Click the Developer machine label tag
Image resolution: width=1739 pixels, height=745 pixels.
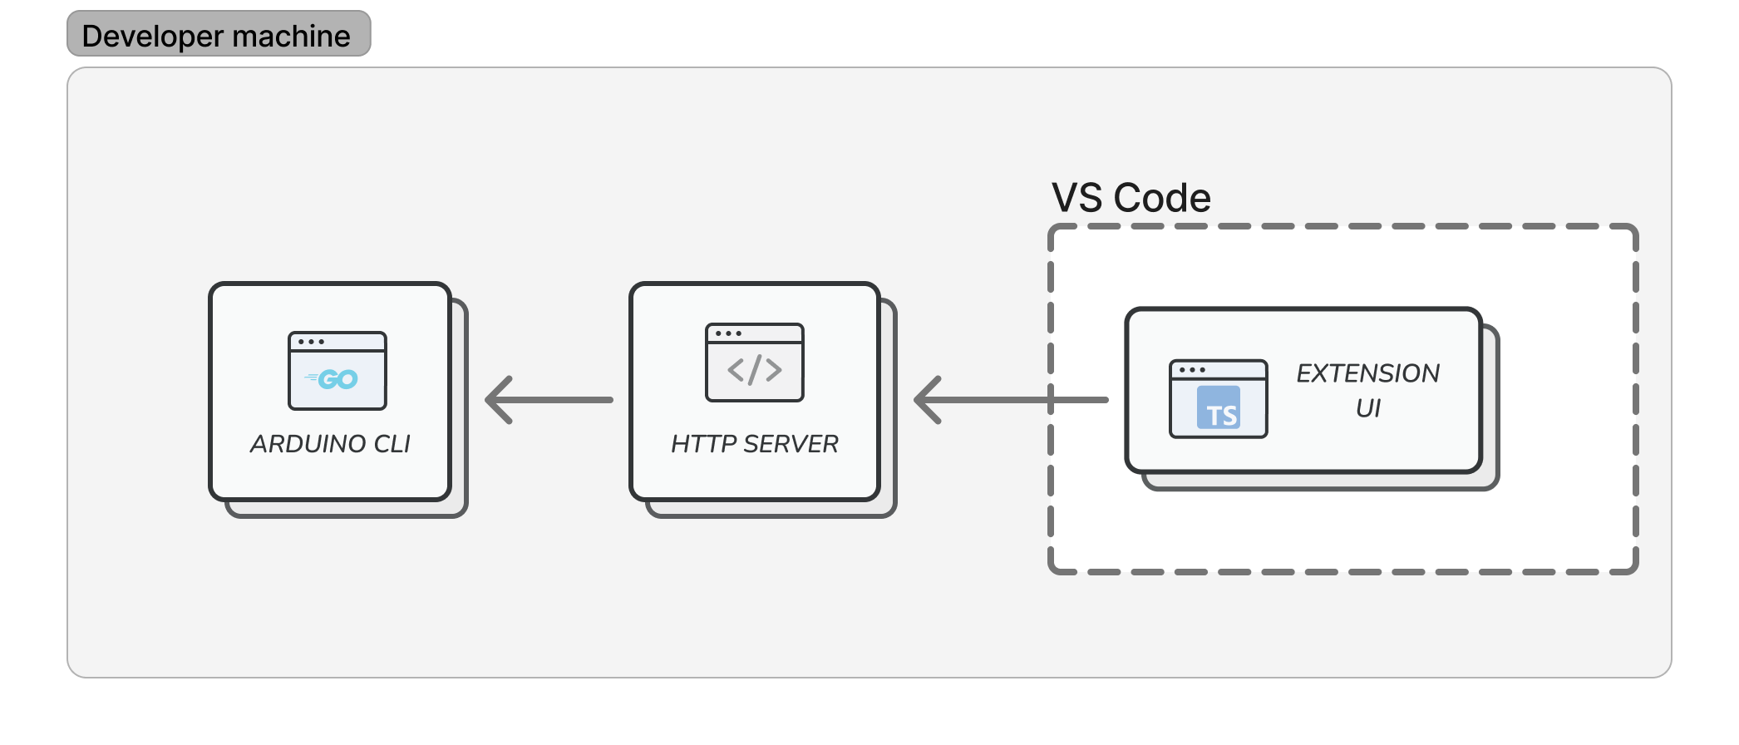point(219,34)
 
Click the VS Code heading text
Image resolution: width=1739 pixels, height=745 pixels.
point(1131,198)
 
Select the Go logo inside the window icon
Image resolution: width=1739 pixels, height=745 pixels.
point(333,379)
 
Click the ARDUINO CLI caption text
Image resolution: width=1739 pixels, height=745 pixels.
point(330,444)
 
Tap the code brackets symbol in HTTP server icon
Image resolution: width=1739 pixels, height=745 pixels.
point(755,370)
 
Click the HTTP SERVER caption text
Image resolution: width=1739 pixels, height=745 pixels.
point(755,444)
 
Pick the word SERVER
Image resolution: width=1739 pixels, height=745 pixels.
point(791,444)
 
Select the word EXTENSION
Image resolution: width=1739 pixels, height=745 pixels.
point(1368,373)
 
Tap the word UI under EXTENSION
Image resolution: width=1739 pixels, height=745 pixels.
point(1368,408)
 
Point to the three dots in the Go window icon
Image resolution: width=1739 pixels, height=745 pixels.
point(311,342)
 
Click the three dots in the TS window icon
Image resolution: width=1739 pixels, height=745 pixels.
point(1192,370)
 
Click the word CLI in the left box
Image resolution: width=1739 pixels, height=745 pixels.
point(392,444)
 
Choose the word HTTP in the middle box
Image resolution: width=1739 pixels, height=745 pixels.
point(703,444)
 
